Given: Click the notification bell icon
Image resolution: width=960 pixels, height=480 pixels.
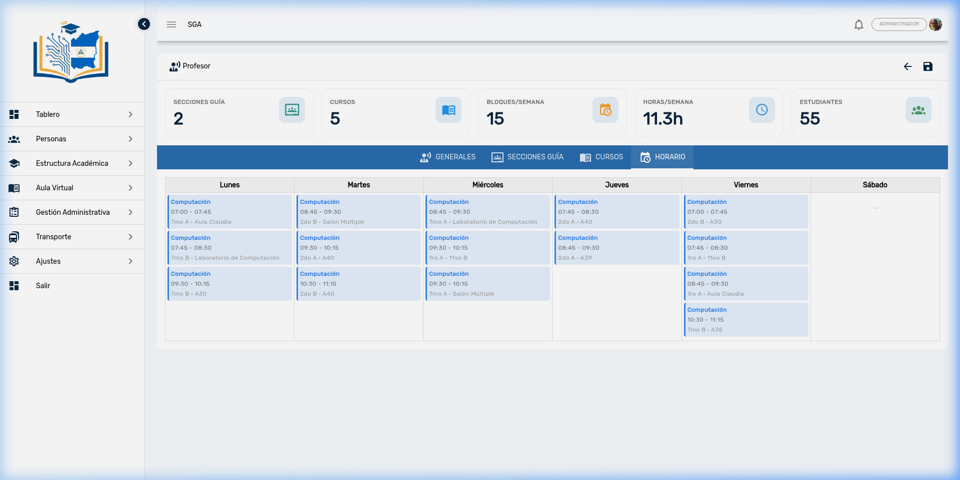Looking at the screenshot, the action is click(x=858, y=24).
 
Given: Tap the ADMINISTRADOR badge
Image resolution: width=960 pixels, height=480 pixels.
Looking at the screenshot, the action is click(x=899, y=24).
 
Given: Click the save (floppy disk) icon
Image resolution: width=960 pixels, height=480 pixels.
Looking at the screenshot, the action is click(x=928, y=66).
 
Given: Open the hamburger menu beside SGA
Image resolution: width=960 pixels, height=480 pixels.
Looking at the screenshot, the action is click(x=171, y=24).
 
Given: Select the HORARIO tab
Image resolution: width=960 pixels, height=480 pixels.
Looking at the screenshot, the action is click(x=662, y=157).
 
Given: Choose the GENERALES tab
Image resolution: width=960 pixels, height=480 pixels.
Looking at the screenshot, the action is click(x=447, y=157).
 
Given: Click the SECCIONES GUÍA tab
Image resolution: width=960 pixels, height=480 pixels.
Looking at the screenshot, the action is click(x=527, y=157).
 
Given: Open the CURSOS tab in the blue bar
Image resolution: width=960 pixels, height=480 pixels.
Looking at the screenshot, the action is click(x=601, y=157).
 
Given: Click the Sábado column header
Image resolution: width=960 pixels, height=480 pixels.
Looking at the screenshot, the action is click(x=875, y=185).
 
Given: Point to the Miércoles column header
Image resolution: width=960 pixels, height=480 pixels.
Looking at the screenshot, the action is click(x=487, y=185).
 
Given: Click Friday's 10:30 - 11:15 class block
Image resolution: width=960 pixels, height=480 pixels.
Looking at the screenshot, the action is click(x=746, y=320).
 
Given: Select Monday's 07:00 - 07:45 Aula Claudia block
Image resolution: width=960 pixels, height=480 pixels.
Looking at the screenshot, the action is click(x=229, y=212).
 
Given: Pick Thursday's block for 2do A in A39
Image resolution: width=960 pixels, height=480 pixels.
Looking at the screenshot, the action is click(x=616, y=248).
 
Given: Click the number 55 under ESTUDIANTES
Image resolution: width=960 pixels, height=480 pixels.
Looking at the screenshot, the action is click(x=809, y=119).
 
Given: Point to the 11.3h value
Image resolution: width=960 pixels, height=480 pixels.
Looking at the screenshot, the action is click(x=662, y=119).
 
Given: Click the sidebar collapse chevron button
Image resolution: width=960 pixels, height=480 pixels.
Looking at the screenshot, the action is click(x=144, y=24).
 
